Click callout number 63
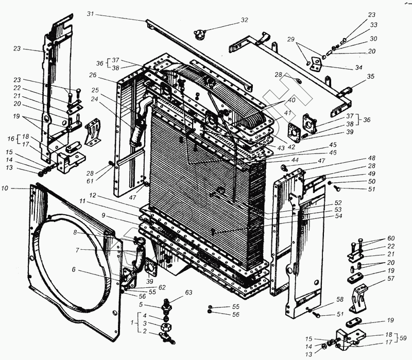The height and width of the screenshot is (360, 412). pos(189,293)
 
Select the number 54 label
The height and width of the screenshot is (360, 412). pos(338,216)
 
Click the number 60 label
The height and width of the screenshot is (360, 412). pos(390,238)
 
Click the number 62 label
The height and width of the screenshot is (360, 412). pos(162,287)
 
